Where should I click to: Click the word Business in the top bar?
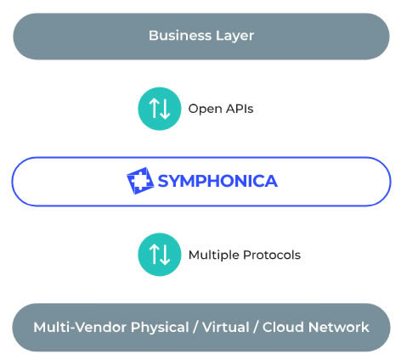coord(180,36)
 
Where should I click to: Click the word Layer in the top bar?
coord(234,37)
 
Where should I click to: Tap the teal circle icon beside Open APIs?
coord(160,109)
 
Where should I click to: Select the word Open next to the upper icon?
coord(205,110)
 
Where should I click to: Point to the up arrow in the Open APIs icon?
coord(154,108)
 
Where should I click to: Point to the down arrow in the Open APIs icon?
coord(165,109)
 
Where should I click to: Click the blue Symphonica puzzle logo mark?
coord(140,181)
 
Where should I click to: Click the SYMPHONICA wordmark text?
coord(217,181)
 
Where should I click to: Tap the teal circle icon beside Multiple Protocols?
coord(160,255)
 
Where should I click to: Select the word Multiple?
coord(214,256)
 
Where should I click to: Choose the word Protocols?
coord(272,255)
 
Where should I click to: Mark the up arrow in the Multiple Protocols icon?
coord(154,254)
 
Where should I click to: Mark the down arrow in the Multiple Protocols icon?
coord(165,255)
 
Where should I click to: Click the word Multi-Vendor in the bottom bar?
coord(80,327)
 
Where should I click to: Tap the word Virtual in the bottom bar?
coord(226,327)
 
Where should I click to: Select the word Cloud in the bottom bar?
coord(283,327)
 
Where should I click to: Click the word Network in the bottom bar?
coord(339,327)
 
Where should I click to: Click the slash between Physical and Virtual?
coord(195,328)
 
